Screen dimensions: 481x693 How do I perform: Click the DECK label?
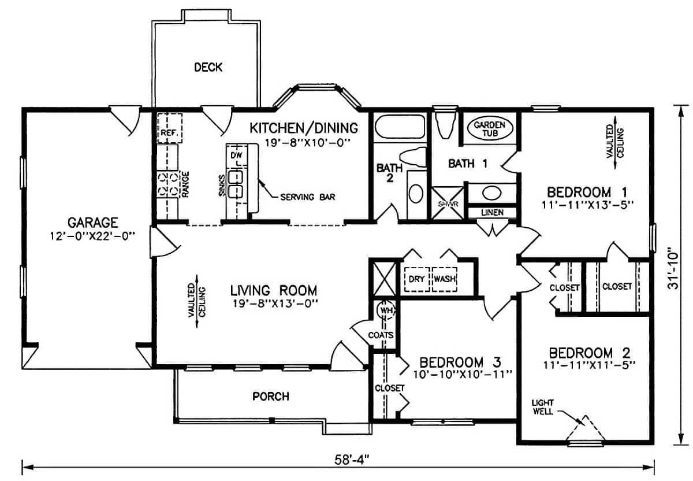208,68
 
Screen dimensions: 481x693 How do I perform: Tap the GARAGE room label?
93,222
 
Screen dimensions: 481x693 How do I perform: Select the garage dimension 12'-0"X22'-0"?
93,235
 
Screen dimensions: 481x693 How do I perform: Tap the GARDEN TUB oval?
490,129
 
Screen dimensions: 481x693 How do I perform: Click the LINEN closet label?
491,213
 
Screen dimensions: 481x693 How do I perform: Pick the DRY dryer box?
416,279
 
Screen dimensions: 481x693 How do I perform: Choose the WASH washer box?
445,279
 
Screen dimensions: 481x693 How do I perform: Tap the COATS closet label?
381,335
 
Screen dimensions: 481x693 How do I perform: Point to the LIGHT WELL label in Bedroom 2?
543,406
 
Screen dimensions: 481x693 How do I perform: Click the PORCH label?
270,397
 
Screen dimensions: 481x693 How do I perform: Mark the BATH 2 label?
385,173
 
